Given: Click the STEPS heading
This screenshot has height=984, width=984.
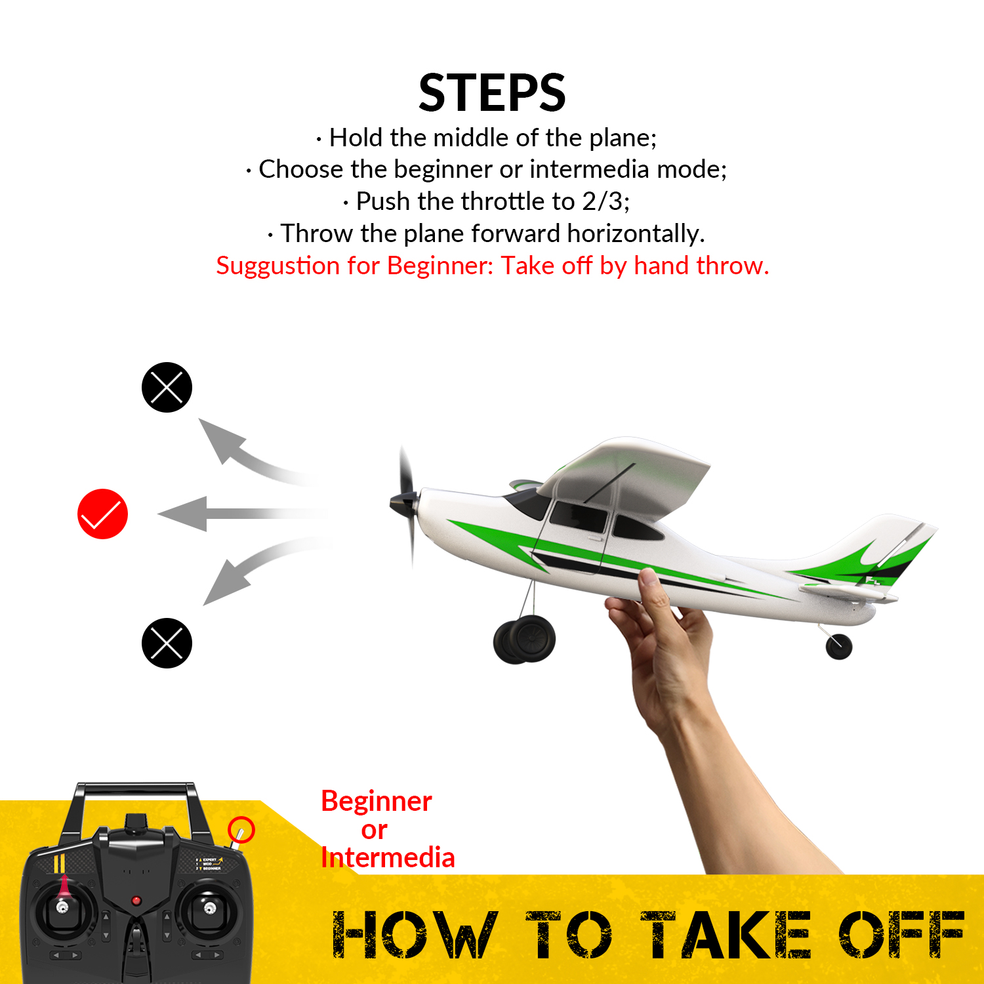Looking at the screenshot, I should [492, 93].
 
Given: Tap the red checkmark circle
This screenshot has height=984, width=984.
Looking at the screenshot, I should [103, 514].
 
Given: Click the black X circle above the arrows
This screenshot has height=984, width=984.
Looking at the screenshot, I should [167, 387].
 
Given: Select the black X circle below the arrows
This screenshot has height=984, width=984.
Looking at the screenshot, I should [167, 643].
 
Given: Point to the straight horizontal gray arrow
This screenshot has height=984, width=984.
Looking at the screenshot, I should [236, 514].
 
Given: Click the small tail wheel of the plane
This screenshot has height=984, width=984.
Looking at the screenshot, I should [838, 646].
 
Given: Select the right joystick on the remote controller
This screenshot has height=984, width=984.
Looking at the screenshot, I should [209, 908].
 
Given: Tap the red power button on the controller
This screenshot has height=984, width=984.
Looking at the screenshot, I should [136, 901].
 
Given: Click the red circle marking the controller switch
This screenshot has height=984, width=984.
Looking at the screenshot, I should [241, 830].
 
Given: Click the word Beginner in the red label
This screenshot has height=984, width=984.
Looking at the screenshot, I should [377, 802].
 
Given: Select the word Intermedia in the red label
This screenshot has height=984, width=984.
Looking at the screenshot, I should [388, 858].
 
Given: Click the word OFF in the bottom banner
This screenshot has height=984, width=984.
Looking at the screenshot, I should [901, 934].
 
